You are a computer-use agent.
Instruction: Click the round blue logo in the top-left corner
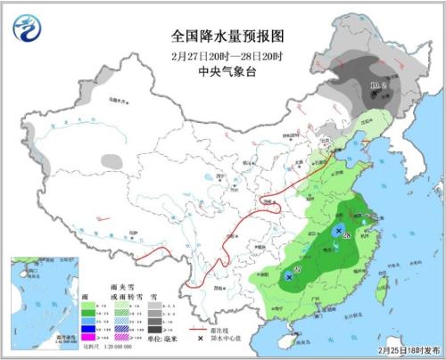coord(27,29)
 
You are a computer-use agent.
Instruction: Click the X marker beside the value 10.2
coord(375,94)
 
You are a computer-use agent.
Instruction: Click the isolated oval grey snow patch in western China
coord(111,161)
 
